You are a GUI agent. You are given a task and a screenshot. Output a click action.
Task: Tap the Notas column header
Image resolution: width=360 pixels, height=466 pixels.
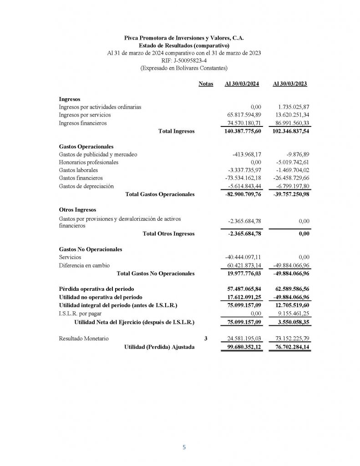(206, 84)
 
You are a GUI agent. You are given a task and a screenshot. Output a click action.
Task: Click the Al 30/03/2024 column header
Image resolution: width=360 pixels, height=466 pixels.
(242, 84)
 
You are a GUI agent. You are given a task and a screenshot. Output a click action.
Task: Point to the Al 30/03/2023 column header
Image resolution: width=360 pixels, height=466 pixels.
(289, 84)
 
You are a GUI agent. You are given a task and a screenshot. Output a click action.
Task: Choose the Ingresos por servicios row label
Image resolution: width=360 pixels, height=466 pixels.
(85, 115)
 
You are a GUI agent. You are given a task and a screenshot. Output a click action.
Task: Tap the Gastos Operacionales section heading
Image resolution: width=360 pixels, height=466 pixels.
(86, 147)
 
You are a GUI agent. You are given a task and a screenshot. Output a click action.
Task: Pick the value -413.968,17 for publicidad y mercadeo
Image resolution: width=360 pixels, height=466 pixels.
(246, 155)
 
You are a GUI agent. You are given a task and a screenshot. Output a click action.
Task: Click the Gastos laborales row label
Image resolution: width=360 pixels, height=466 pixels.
(78, 170)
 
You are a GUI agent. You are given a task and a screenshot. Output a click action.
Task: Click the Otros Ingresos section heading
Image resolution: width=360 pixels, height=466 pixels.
(77, 210)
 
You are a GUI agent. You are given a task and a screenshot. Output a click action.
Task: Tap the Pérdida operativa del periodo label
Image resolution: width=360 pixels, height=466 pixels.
(96, 289)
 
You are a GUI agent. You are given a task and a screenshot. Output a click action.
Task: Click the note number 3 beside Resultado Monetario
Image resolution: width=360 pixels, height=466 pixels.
(206, 339)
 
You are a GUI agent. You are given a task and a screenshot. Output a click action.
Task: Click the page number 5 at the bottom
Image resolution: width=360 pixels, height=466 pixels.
(184, 447)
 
